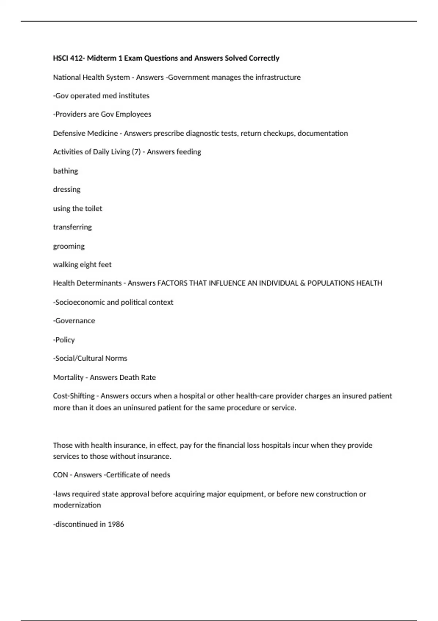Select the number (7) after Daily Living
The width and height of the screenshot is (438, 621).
(136, 152)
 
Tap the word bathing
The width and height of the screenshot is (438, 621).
(65, 171)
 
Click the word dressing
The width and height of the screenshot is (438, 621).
(66, 190)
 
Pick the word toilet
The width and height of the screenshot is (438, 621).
(93, 209)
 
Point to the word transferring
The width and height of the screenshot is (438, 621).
(72, 227)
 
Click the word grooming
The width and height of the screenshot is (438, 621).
(69, 246)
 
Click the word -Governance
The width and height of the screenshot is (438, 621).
(74, 321)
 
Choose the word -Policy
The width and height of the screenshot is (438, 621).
(64, 340)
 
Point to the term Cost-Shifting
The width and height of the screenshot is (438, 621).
(73, 396)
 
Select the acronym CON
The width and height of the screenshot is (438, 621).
(60, 475)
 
